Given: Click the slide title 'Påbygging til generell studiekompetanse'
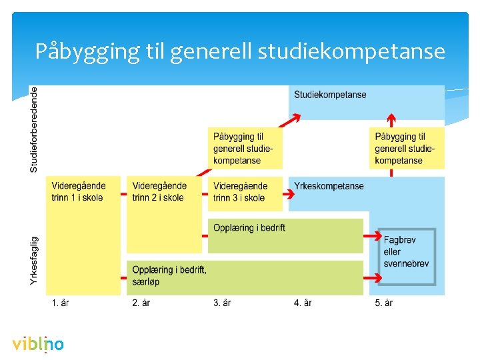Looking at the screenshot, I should (x=240, y=51).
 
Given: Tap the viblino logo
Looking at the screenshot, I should (x=38, y=345).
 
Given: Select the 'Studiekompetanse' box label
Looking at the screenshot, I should (x=330, y=95).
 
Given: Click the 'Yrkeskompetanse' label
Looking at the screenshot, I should (x=329, y=186).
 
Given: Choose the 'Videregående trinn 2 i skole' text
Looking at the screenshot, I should (x=159, y=191).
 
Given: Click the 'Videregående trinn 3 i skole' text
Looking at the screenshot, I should (x=240, y=191).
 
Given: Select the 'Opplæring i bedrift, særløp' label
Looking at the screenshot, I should (x=169, y=275).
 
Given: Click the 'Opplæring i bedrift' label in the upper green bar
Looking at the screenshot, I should (x=249, y=228).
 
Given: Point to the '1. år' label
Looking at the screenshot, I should (x=60, y=303).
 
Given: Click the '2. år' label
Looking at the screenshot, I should (x=141, y=303).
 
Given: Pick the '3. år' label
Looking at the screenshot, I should (x=222, y=303).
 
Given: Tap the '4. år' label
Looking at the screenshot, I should (x=303, y=303).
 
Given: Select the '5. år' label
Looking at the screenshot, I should (x=383, y=303).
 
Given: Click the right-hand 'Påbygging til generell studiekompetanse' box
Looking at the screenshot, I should (x=407, y=148).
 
